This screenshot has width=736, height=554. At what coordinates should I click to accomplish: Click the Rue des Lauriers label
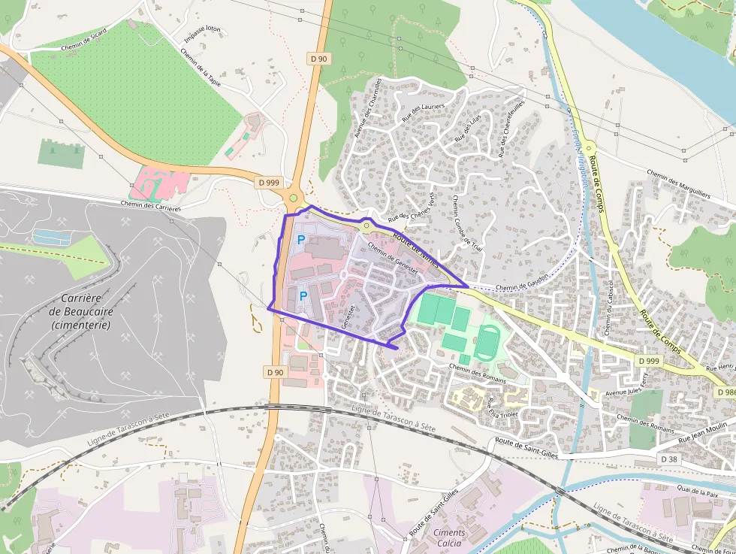(424, 113)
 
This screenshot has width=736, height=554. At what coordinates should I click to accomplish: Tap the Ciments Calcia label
(449, 537)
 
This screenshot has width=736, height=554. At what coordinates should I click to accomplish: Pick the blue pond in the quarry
(53, 238)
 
